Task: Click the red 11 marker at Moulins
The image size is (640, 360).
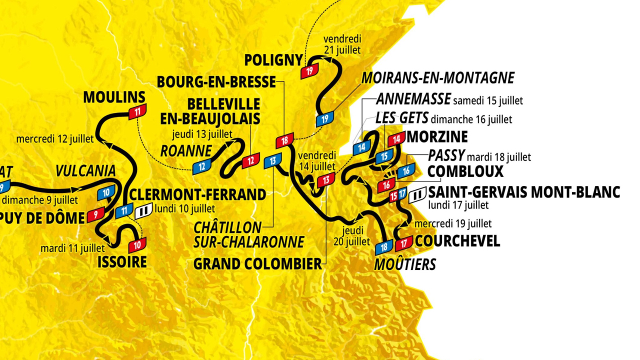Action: pos(137,112)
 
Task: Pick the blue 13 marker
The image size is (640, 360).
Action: pos(273,161)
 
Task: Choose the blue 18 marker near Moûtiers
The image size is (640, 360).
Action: pos(384,246)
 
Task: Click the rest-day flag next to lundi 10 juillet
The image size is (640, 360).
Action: pos(142,211)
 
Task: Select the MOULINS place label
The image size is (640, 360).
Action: pos(114,97)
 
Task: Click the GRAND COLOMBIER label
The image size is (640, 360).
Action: pos(257,264)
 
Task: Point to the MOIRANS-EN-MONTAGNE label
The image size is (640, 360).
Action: pos(437,78)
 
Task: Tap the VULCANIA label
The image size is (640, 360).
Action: pos(85,171)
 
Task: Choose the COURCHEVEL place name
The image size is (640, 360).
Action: pos(457,241)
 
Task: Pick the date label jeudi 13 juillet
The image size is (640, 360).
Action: pos(202,134)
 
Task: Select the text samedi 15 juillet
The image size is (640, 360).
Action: pos(488,100)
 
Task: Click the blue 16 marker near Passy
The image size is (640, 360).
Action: pos(406,170)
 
